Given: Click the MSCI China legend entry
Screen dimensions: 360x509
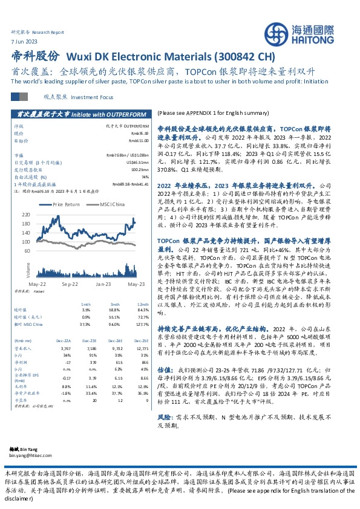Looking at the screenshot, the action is point(113,204).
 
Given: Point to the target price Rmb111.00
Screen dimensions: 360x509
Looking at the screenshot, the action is point(139,139).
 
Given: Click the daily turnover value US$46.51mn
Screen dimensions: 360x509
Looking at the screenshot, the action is point(137,162).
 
